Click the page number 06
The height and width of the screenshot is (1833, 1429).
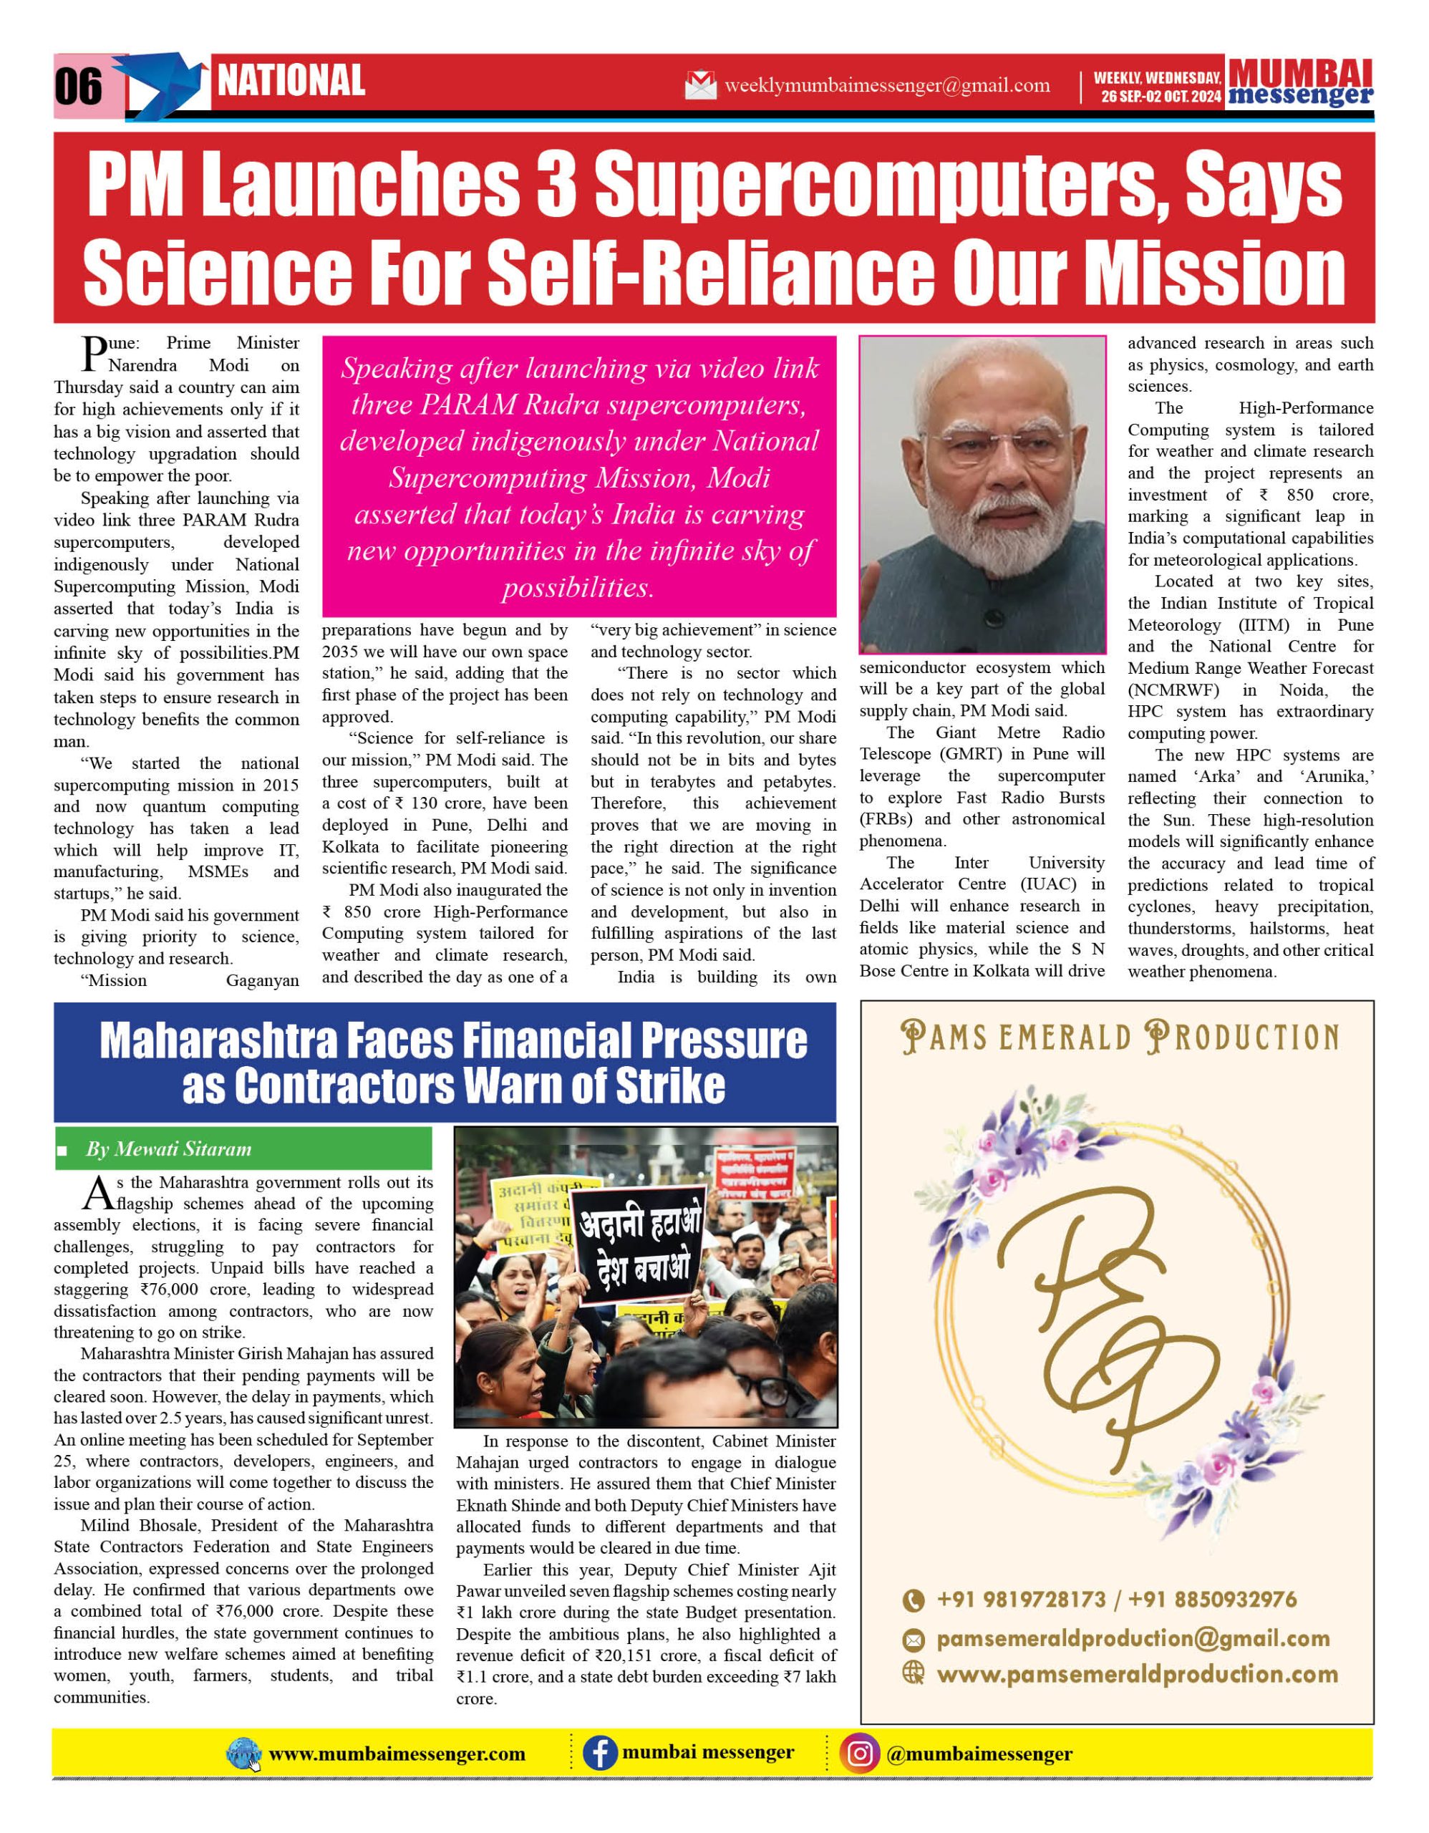(x=78, y=87)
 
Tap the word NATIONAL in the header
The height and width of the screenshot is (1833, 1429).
(x=291, y=82)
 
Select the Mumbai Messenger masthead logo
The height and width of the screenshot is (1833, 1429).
(x=1300, y=83)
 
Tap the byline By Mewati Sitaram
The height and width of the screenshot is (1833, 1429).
(x=169, y=1149)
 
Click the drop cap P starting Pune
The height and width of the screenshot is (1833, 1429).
(x=93, y=353)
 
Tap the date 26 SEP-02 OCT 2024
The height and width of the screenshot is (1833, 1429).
(x=1161, y=97)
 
